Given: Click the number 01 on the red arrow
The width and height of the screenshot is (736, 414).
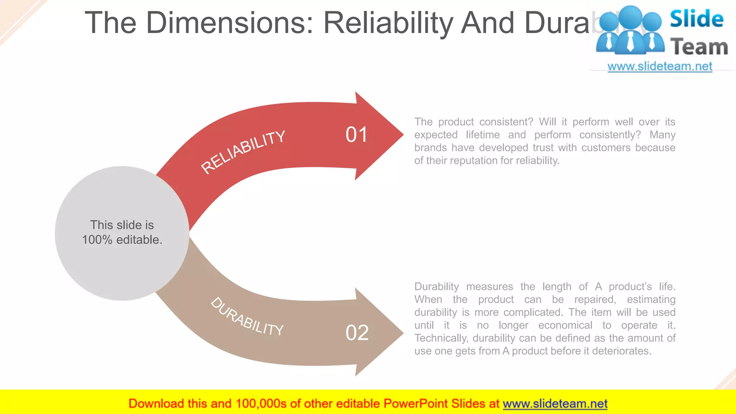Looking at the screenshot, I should click(x=356, y=135).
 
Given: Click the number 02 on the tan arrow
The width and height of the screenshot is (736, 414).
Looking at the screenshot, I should click(x=357, y=333).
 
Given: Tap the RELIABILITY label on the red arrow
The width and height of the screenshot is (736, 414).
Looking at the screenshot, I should click(x=243, y=152).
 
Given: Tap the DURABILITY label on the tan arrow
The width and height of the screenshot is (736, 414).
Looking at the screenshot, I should click(x=247, y=317).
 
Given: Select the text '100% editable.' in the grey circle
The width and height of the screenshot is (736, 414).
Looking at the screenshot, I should click(x=122, y=240).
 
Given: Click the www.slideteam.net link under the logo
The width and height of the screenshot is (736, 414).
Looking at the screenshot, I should click(x=660, y=66).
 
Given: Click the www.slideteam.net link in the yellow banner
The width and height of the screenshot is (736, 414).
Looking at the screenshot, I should click(x=555, y=404).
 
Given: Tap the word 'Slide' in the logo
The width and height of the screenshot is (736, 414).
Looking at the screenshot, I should click(x=696, y=19).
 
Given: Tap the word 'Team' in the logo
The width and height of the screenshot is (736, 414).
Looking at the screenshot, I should click(x=699, y=47).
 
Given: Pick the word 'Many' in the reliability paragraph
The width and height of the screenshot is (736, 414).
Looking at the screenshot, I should click(x=662, y=135).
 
